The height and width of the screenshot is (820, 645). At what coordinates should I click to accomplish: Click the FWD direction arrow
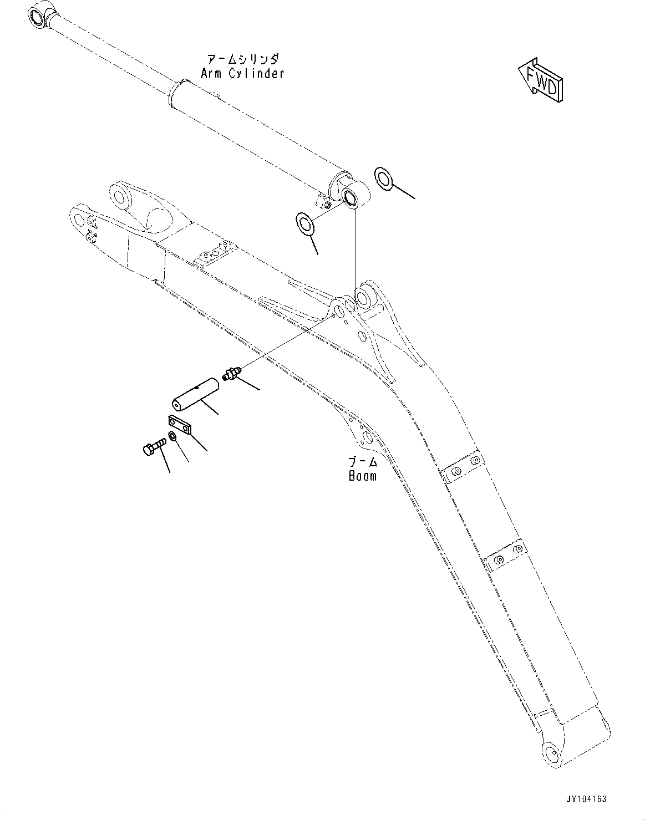pos(541,79)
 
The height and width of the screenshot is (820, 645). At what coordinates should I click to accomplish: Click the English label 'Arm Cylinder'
pos(242,73)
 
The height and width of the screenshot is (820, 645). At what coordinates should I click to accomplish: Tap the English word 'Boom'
pos(362,475)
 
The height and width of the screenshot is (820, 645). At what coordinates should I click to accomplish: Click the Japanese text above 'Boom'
pos(363,461)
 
